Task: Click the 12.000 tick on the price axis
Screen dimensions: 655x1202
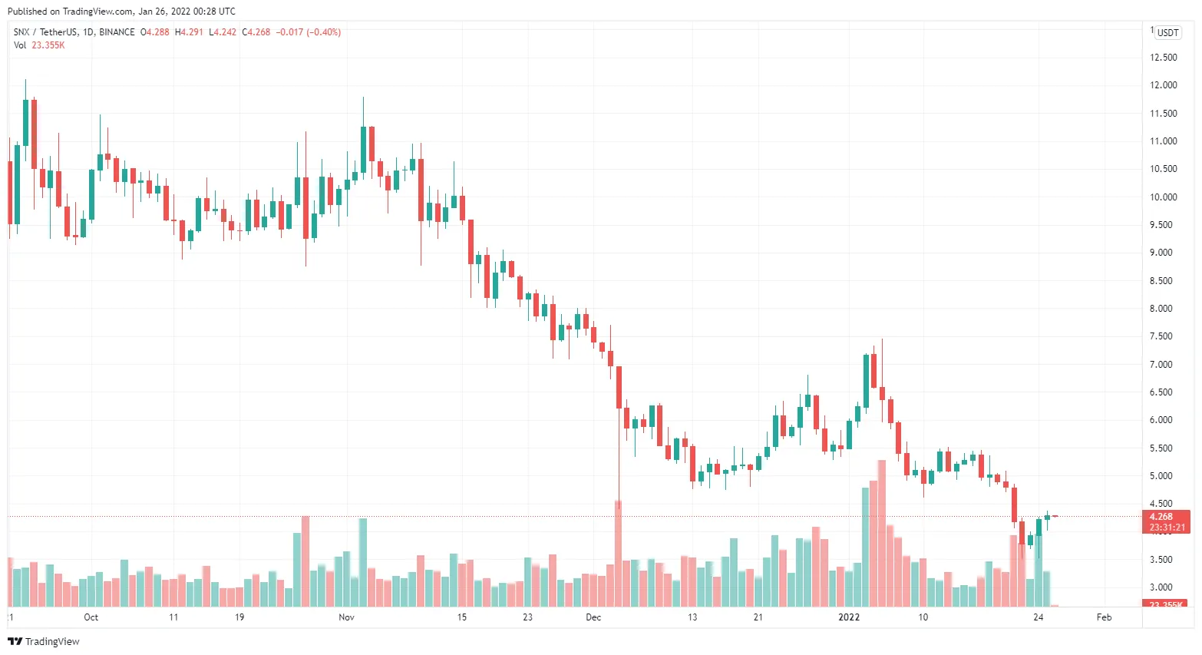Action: click(x=1163, y=85)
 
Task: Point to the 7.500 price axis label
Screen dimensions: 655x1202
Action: click(x=1163, y=336)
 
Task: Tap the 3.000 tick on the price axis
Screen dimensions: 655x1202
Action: click(x=1163, y=587)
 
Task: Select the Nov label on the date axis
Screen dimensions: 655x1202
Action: click(x=346, y=617)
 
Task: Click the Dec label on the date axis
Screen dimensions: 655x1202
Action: click(x=593, y=617)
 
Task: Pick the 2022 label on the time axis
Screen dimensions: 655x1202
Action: click(x=849, y=617)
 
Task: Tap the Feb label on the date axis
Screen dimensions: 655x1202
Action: click(x=1104, y=617)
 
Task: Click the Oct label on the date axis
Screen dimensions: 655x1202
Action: click(x=91, y=617)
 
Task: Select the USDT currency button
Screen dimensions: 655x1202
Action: click(x=1167, y=32)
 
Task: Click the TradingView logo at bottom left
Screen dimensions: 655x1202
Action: click(x=44, y=641)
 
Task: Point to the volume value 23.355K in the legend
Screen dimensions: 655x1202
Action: click(x=48, y=45)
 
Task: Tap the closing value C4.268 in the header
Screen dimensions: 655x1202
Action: click(x=256, y=32)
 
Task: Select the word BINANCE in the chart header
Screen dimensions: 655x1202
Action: click(x=117, y=32)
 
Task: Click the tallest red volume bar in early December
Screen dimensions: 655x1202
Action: click(x=618, y=553)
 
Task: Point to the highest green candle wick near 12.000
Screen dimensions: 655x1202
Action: click(x=25, y=88)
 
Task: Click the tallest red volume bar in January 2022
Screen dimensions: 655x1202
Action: click(x=882, y=534)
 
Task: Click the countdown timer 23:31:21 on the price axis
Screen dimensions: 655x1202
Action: click(x=1167, y=528)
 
